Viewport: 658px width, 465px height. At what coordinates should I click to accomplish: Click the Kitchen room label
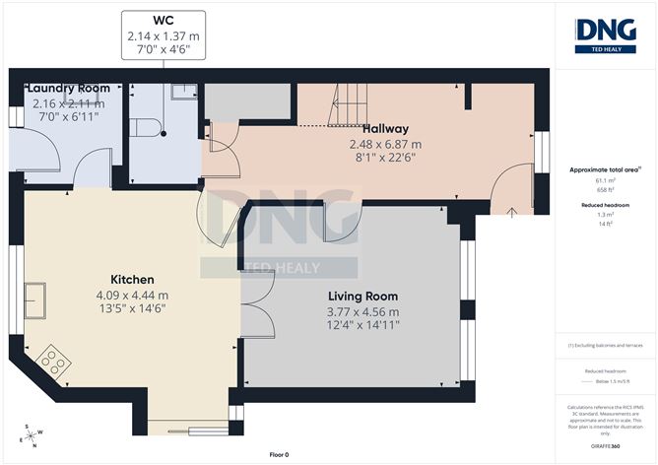(131, 279)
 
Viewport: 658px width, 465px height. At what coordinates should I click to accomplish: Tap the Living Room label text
(362, 296)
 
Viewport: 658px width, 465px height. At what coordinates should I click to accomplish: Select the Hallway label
(384, 129)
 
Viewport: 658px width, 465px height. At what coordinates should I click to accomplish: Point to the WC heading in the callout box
(164, 21)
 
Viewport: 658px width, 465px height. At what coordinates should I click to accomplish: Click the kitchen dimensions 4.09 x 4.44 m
(131, 294)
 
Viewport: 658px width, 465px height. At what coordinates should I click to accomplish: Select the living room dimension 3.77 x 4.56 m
(362, 311)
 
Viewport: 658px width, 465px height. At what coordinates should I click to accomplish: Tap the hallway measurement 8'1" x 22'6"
(384, 158)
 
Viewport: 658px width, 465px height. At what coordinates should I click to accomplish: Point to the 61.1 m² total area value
(605, 181)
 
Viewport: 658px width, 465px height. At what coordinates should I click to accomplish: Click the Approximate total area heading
(605, 169)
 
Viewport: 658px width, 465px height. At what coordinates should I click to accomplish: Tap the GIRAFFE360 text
(605, 445)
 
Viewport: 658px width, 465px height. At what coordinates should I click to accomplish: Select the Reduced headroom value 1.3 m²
(605, 215)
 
